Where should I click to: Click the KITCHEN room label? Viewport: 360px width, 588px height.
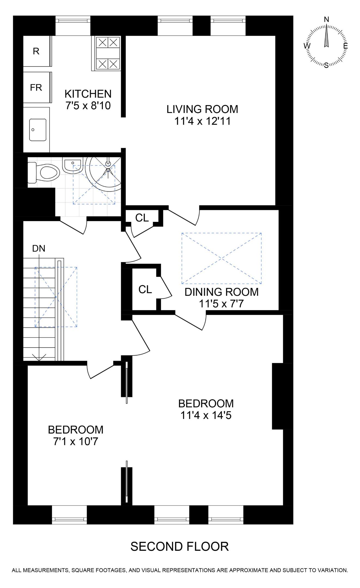tap(88, 94)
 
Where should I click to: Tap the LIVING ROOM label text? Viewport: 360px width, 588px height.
tap(202, 109)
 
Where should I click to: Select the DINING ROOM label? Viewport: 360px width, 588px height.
tap(221, 292)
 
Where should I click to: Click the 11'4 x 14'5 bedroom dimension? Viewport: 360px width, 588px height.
tap(206, 415)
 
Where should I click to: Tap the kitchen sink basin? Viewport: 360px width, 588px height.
tap(38, 130)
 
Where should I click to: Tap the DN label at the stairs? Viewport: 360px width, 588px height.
tap(39, 248)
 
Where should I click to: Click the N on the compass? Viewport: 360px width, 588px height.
tap(327, 19)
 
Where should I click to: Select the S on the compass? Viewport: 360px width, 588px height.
tap(326, 65)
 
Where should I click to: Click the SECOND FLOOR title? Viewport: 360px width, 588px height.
tap(180, 546)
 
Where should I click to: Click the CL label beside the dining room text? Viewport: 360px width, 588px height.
tap(145, 289)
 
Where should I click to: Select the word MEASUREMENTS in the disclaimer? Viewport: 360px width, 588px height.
tap(46, 570)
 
